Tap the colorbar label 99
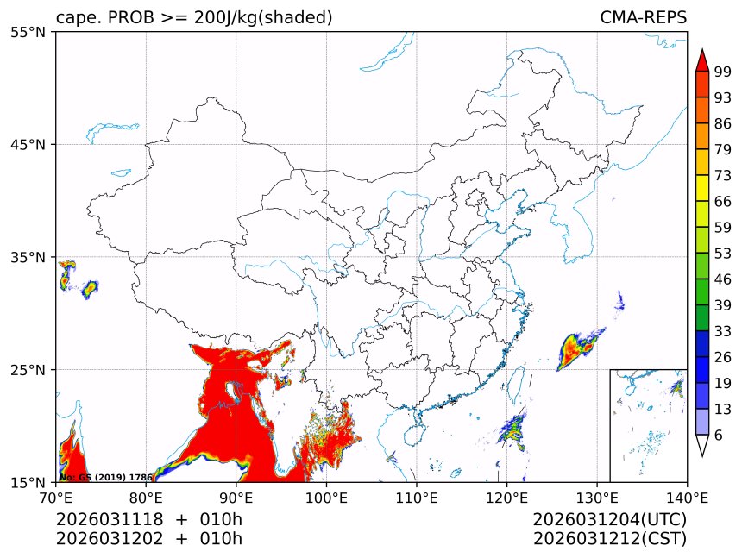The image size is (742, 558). click(x=723, y=72)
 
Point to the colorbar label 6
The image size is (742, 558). click(x=719, y=436)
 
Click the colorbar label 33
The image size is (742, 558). click(x=723, y=331)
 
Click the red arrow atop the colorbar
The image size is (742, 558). click(x=701, y=60)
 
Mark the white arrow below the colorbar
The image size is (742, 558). click(x=701, y=445)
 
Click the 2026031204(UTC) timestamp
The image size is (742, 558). click(x=609, y=519)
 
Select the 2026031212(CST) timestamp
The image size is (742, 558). click(x=609, y=539)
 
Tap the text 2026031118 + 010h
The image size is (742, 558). click(x=149, y=519)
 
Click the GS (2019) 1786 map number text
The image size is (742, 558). click(x=106, y=477)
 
